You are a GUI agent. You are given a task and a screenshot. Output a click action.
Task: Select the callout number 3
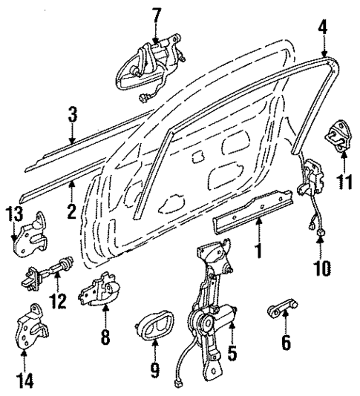72,116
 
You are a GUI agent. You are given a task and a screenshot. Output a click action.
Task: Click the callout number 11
343,180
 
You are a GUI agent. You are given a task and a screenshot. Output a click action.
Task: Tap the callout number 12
57,301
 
